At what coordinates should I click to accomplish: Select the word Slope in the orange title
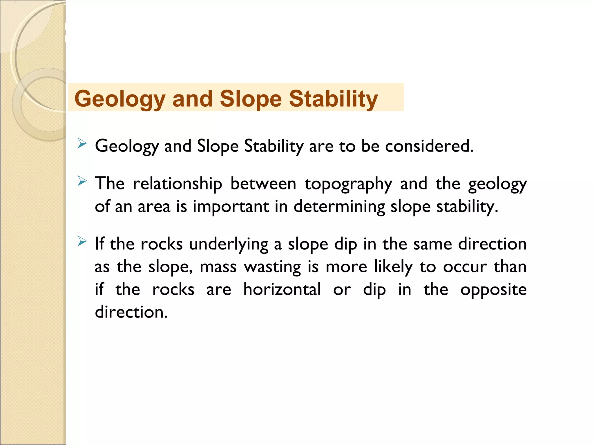(x=251, y=99)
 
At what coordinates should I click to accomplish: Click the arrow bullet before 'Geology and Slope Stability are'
(x=82, y=143)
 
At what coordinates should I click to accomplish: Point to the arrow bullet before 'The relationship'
(x=82, y=182)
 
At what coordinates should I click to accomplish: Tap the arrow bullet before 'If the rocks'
(x=82, y=241)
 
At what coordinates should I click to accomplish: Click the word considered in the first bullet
(x=429, y=146)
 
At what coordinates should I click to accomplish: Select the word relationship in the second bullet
(x=178, y=184)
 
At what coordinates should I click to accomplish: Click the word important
(x=231, y=207)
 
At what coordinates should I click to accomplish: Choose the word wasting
(x=272, y=267)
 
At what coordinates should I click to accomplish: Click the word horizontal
(x=282, y=289)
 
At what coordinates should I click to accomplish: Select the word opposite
(x=493, y=290)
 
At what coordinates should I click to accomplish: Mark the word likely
(x=393, y=267)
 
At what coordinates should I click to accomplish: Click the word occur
(x=465, y=267)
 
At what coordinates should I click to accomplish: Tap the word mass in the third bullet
(x=218, y=267)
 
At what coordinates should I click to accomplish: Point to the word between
(x=263, y=184)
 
